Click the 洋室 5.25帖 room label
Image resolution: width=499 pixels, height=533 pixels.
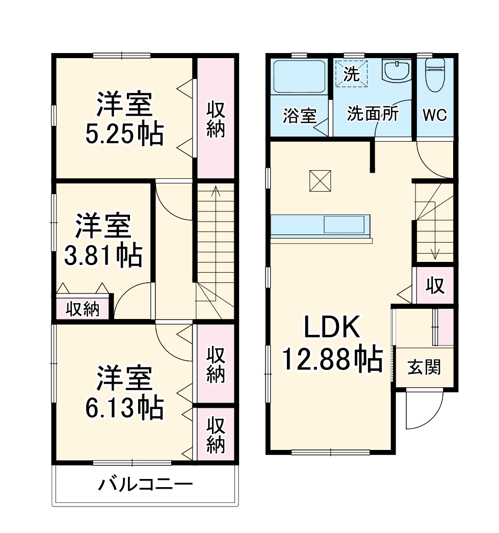click(x=124, y=119)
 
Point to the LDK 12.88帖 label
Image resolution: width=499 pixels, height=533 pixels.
click(x=332, y=344)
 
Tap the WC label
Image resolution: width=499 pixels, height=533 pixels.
click(x=435, y=115)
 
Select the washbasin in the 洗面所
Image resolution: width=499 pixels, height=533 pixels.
click(x=397, y=71)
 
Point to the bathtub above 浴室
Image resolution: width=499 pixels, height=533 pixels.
click(x=299, y=76)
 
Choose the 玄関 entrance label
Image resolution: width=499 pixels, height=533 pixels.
click(x=424, y=367)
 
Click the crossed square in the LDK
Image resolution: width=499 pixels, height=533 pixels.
click(x=321, y=180)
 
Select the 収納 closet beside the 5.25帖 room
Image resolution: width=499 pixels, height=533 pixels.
click(x=216, y=119)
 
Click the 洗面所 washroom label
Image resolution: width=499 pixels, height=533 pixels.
click(x=373, y=114)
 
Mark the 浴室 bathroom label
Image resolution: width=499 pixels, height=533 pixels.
click(x=299, y=116)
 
